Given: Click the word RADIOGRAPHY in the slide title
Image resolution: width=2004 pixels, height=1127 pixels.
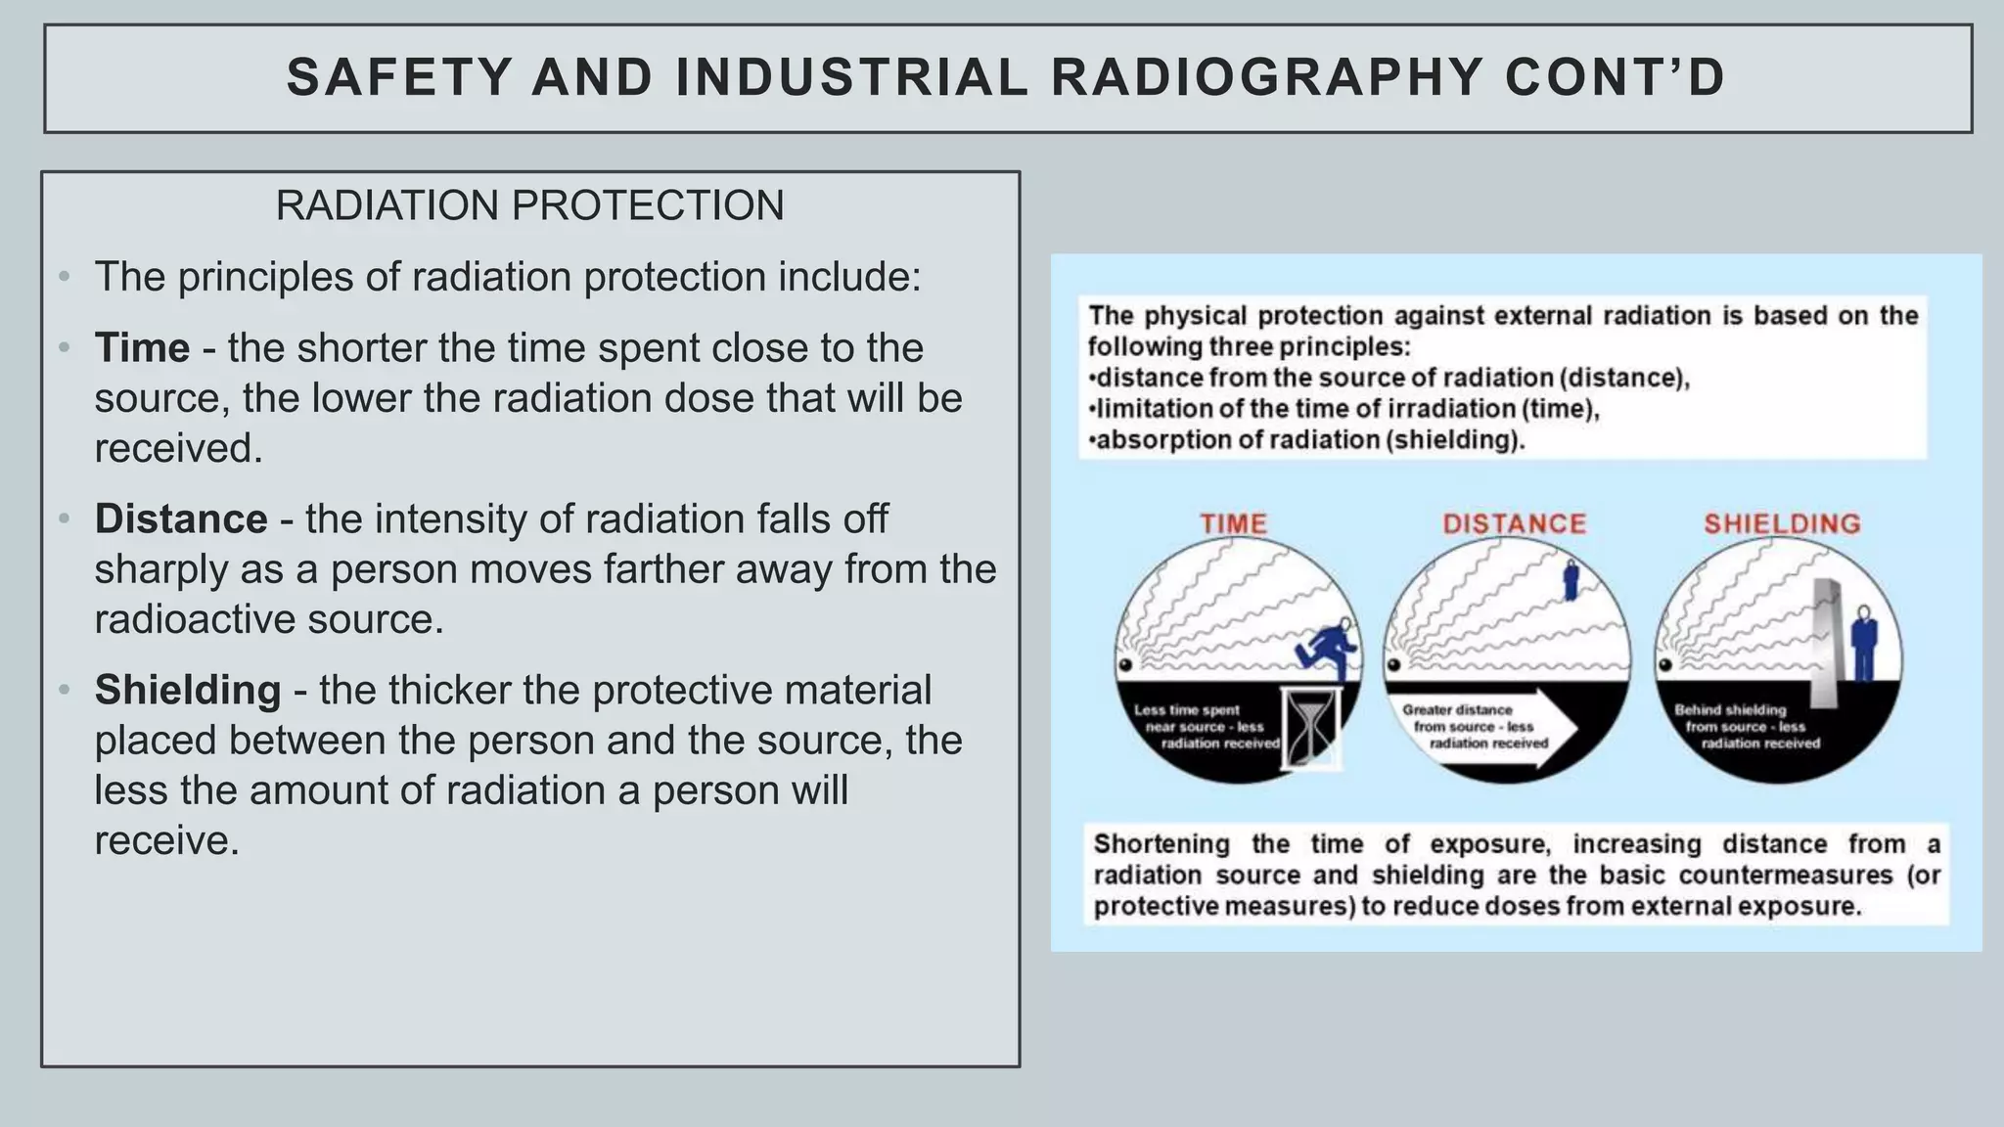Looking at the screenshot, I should [1267, 78].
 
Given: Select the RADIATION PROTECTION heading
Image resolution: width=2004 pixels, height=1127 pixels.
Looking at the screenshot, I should [529, 205].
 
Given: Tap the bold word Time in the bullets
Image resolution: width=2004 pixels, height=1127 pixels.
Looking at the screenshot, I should [142, 348].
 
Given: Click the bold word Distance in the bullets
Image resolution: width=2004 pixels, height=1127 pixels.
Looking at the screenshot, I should [181, 518].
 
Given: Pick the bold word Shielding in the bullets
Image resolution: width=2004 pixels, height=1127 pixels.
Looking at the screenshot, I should [188, 690].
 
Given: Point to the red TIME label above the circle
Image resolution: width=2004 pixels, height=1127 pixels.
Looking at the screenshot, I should [1233, 523].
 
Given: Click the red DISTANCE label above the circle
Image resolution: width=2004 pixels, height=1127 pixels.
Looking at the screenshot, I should [1514, 523].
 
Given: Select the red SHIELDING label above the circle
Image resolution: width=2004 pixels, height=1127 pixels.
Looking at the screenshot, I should [1782, 523].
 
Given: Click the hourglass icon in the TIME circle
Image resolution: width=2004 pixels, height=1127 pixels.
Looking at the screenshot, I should [1309, 728].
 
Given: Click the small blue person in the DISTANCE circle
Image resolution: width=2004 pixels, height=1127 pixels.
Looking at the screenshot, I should [1571, 579].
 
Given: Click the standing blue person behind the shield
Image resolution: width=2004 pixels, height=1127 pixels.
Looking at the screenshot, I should [1864, 644].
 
